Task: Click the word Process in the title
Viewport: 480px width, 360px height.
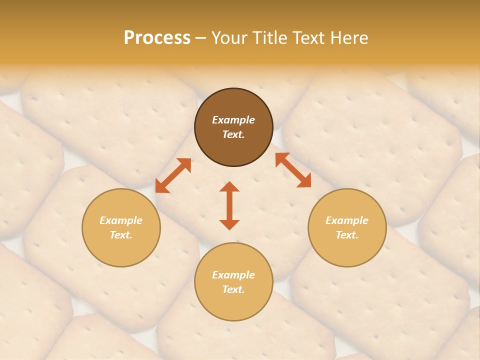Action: click(x=156, y=38)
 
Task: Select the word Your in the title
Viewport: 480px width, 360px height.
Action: click(x=230, y=38)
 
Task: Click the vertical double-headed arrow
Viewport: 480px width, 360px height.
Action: click(x=229, y=205)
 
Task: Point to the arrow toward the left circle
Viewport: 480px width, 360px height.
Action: click(x=173, y=175)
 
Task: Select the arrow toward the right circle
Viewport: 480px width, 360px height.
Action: click(x=293, y=170)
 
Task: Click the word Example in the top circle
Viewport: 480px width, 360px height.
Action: click(x=233, y=120)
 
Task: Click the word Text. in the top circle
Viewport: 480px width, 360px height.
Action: click(x=233, y=134)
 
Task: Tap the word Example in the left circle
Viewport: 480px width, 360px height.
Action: click(x=121, y=220)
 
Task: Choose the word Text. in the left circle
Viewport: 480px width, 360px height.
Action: click(x=121, y=235)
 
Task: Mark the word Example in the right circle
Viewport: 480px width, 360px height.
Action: click(x=347, y=220)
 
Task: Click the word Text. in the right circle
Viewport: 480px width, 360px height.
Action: click(x=347, y=235)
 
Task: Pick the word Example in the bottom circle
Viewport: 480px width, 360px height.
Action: click(x=233, y=275)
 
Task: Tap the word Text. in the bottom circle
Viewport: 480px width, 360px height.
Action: click(x=233, y=289)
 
